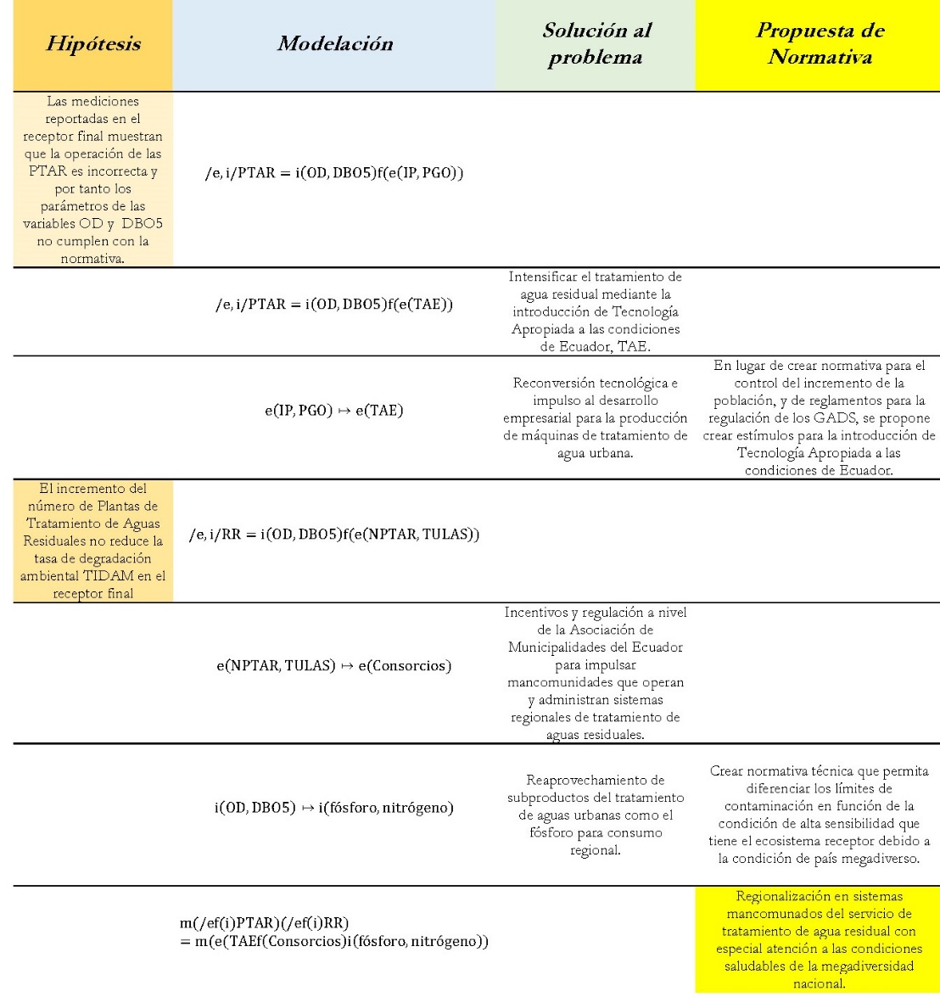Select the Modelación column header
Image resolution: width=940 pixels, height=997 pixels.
(x=334, y=44)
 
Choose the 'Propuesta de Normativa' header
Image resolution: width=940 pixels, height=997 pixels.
(x=820, y=44)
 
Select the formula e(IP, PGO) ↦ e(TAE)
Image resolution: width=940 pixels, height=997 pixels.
(x=333, y=411)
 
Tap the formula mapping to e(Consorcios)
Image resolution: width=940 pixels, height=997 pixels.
(x=333, y=665)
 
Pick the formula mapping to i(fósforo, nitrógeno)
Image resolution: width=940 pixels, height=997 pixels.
(x=333, y=808)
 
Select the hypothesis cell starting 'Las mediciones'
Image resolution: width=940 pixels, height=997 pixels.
(x=93, y=179)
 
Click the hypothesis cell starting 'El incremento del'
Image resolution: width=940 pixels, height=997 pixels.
(x=93, y=539)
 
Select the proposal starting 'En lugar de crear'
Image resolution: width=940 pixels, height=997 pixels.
(x=819, y=418)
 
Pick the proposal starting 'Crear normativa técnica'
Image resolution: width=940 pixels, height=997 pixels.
(x=819, y=815)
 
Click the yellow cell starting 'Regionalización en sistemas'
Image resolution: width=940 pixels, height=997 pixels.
(x=819, y=939)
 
